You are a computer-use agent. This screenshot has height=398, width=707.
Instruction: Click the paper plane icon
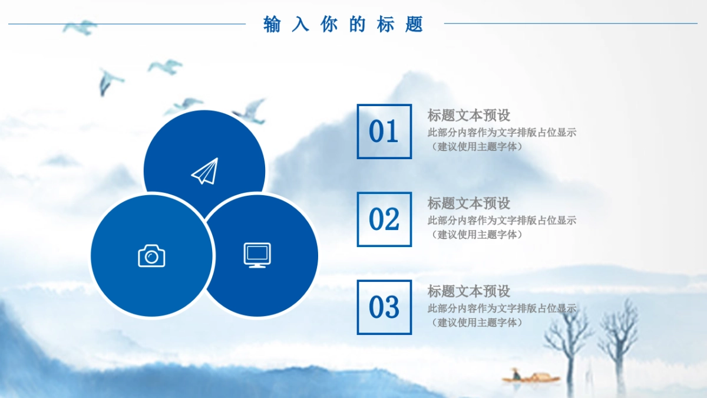click(x=204, y=171)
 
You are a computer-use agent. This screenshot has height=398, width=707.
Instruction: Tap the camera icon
click(x=151, y=255)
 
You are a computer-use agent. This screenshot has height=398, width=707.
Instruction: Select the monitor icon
click(x=257, y=255)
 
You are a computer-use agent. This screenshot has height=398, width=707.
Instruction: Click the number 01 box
click(x=384, y=131)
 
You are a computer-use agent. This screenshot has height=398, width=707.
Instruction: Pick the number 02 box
click(x=384, y=219)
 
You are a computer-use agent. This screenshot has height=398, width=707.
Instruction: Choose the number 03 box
click(x=384, y=307)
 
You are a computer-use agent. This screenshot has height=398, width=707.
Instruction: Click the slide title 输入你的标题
click(x=343, y=24)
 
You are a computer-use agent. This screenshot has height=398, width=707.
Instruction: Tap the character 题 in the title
click(x=414, y=24)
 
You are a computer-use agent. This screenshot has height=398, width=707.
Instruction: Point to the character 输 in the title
click(x=272, y=24)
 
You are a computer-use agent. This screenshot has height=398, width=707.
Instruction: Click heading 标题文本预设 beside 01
click(x=468, y=115)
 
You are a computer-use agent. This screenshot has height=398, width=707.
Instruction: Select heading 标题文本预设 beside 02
click(x=468, y=203)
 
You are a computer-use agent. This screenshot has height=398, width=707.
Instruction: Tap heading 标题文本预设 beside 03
click(x=468, y=291)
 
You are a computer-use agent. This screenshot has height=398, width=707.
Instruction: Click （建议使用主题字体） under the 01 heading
click(x=476, y=147)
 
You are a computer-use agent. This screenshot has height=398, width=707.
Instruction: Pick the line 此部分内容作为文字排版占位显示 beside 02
click(x=501, y=221)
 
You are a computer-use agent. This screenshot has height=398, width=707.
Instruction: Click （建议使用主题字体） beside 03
click(x=476, y=323)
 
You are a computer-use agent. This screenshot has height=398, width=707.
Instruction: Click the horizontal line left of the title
click(x=127, y=24)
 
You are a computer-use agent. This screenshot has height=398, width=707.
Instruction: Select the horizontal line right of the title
click(x=570, y=24)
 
